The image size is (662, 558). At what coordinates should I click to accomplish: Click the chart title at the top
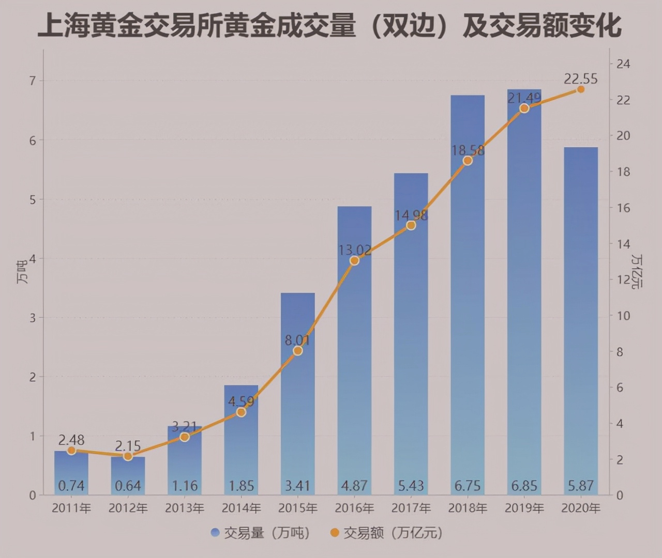(330, 25)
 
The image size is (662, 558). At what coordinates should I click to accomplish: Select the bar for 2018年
(468, 310)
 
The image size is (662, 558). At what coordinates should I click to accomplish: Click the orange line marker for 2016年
(354, 260)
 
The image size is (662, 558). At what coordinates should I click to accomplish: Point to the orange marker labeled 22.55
(581, 89)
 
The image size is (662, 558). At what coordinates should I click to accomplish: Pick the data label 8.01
(297, 340)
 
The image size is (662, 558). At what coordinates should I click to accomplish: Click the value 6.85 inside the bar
(524, 486)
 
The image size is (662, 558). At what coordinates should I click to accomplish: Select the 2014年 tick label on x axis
(241, 508)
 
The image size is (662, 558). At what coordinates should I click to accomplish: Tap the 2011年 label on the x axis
(71, 508)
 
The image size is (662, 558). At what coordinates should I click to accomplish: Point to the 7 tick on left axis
(33, 81)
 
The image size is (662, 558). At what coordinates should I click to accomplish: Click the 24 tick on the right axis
(623, 64)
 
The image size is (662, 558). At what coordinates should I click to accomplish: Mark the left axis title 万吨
(21, 272)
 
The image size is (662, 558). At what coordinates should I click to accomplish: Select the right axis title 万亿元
(638, 271)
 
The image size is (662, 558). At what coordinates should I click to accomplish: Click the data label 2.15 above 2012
(128, 446)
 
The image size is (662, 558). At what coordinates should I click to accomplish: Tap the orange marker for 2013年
(185, 437)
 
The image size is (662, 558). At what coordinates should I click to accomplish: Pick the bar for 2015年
(297, 403)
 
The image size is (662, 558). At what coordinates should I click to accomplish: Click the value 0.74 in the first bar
(71, 486)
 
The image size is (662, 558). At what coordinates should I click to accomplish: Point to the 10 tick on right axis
(623, 316)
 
